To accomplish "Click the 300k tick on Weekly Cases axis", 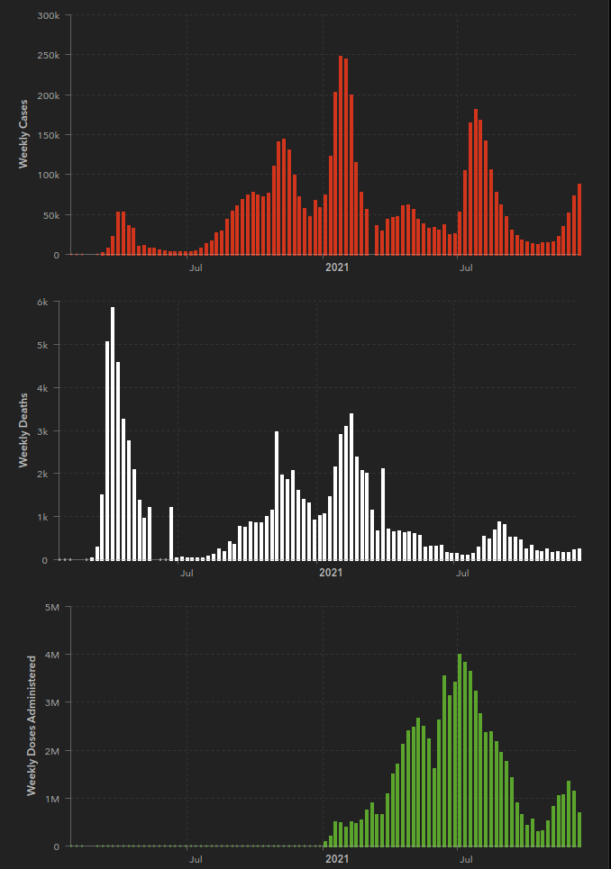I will [x=48, y=15].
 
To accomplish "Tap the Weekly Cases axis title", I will [x=24, y=134].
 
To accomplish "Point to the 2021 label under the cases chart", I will [x=336, y=267].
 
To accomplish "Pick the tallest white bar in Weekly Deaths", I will [x=113, y=433].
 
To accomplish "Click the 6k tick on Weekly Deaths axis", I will [x=41, y=302].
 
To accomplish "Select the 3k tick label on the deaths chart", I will [x=41, y=430].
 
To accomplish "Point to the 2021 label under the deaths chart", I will [x=331, y=572].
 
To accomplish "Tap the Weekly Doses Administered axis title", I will [x=32, y=725].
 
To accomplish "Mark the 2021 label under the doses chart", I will [x=336, y=859].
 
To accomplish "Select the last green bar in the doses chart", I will [x=579, y=829].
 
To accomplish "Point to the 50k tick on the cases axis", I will [x=50, y=215].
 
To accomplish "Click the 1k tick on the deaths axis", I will [x=41, y=517].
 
